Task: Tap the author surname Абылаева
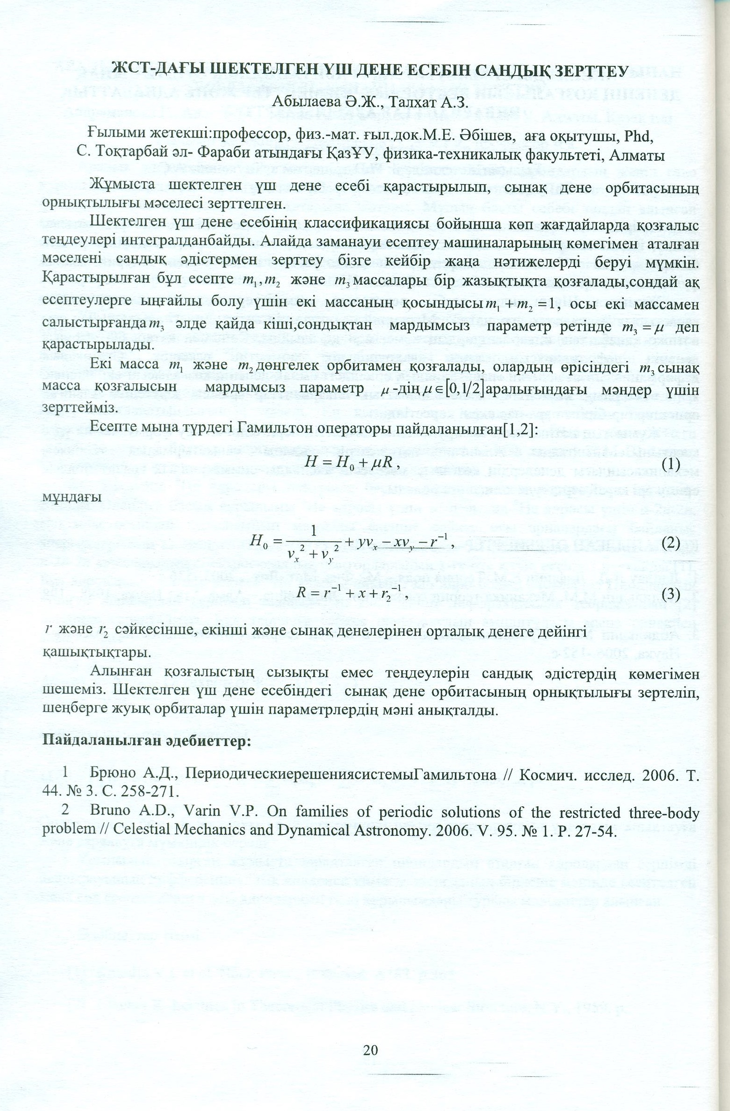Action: [x=305, y=102]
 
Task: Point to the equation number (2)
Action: [x=671, y=543]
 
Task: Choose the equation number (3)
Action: [x=671, y=594]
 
